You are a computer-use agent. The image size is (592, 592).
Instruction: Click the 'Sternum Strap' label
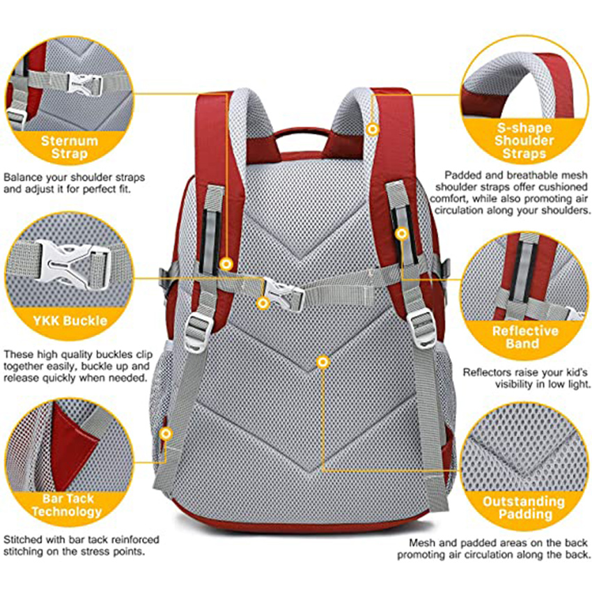68,146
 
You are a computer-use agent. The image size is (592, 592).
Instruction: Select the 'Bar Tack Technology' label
68,505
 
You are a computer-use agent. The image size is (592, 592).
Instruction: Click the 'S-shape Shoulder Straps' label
526,141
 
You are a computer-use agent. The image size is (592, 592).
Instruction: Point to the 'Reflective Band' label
526,337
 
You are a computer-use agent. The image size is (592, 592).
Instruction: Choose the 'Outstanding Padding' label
524,508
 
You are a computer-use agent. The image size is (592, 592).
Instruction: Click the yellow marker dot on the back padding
322,361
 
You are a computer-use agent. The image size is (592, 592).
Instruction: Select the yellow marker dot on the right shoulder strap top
373,129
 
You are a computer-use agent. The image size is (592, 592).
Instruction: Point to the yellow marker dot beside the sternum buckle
263,303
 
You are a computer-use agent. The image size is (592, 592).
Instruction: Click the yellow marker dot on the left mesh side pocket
166,434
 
